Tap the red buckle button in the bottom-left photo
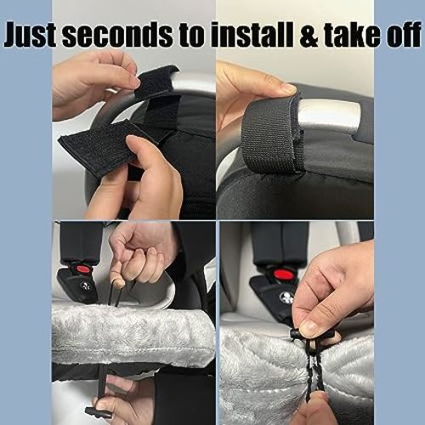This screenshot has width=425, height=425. click(x=83, y=269)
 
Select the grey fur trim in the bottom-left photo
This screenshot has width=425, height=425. click(x=127, y=336)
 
